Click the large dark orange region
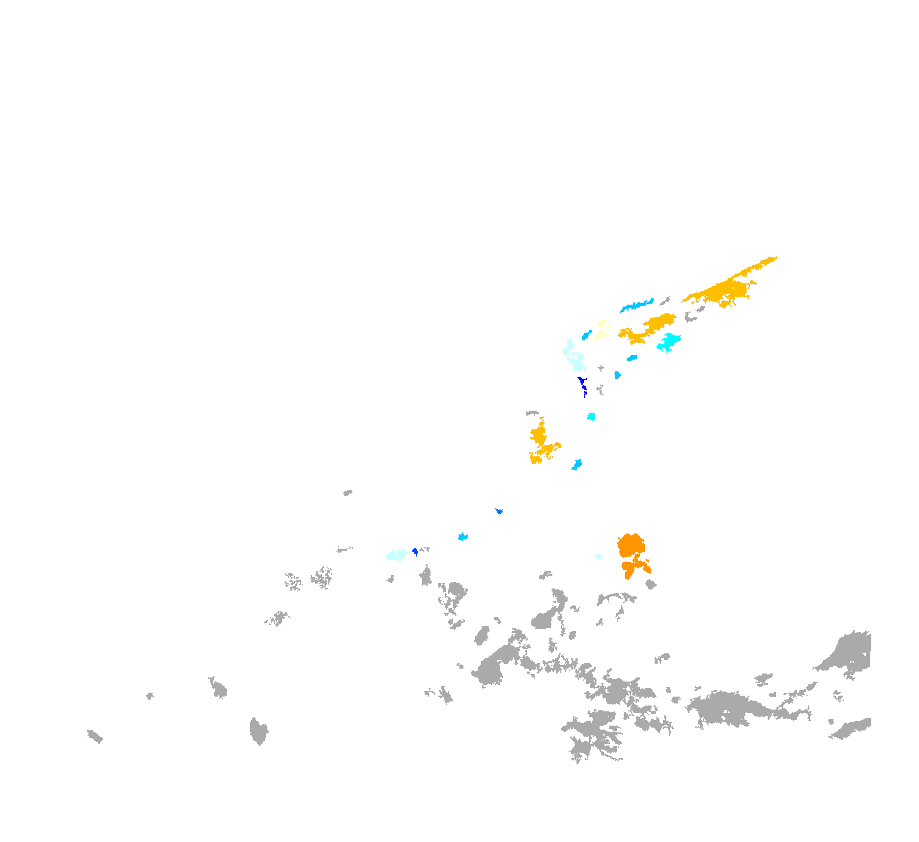pyautogui.click(x=631, y=545)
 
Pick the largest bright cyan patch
pyautogui.click(x=669, y=341)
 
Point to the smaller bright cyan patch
pyautogui.click(x=592, y=417)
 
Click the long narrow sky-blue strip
pyautogui.click(x=636, y=305)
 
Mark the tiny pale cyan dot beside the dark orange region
pyautogui.click(x=598, y=557)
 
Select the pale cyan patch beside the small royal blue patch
pyautogui.click(x=397, y=555)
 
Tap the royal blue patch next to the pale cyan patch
pyautogui.click(x=415, y=551)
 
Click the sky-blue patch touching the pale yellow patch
pyautogui.click(x=585, y=336)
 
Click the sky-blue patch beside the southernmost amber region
pyautogui.click(x=577, y=464)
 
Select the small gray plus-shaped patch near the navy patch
pyautogui.click(x=601, y=368)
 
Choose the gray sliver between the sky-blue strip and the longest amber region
pyautogui.click(x=665, y=300)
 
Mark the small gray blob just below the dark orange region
pyautogui.click(x=651, y=584)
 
